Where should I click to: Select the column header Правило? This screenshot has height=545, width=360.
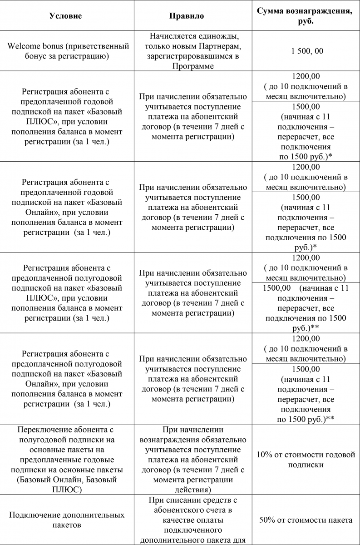(187, 16)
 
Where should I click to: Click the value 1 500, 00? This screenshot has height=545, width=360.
(307, 51)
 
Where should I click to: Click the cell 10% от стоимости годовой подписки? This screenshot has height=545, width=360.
(306, 460)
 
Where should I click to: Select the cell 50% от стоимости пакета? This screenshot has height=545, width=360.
(306, 520)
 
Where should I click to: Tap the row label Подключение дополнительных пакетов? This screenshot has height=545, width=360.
(66, 520)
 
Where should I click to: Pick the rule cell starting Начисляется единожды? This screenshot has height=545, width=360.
(187, 51)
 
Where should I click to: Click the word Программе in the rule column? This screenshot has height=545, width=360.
(187, 66)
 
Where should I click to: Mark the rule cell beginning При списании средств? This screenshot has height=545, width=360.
(187, 520)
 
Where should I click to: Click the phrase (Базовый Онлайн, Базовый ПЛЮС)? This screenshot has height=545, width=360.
(66, 485)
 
